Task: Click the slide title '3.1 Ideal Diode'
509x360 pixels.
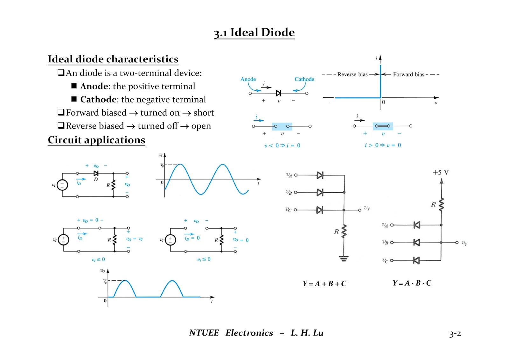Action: [x=254, y=32]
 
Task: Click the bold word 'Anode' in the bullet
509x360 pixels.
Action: [x=94, y=86]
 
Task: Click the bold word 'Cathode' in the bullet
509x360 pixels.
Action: [x=98, y=100]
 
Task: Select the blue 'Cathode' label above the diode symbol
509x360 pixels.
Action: [x=304, y=79]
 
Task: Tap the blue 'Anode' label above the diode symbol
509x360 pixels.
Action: [x=248, y=79]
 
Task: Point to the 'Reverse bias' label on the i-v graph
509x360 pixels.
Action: [x=352, y=74]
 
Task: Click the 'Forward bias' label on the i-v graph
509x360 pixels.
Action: [x=408, y=74]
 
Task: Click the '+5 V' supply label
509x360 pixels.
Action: [x=441, y=173]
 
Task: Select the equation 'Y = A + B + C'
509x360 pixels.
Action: [x=324, y=284]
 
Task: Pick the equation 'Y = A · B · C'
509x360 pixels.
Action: [x=412, y=283]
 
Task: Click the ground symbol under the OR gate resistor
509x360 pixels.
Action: [x=344, y=258]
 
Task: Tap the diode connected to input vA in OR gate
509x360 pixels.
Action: [x=320, y=175]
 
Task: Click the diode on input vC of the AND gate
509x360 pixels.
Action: [x=416, y=260]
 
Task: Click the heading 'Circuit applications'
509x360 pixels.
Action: [x=96, y=140]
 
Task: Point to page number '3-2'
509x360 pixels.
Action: [x=455, y=334]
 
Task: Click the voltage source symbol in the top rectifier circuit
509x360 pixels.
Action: [x=62, y=185]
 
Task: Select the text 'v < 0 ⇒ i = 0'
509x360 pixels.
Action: [x=282, y=145]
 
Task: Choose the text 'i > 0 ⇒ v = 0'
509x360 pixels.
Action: [x=383, y=145]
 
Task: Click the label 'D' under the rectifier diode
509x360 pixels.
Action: [x=96, y=180]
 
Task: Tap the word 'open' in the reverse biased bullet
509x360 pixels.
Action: [x=201, y=126]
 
